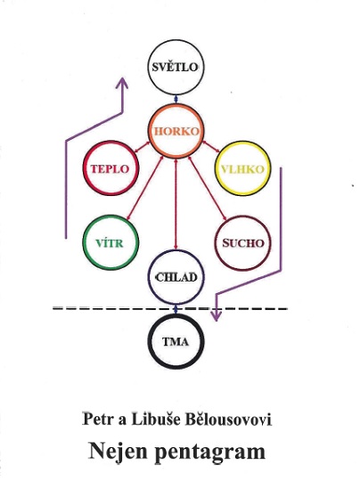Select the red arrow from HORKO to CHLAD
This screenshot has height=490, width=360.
point(176,204)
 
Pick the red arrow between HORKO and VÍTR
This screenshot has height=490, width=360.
point(144,187)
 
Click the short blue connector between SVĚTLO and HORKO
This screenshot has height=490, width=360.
point(176,100)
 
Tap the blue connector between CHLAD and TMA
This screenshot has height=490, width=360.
point(176,309)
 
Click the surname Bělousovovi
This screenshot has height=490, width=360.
point(229,419)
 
